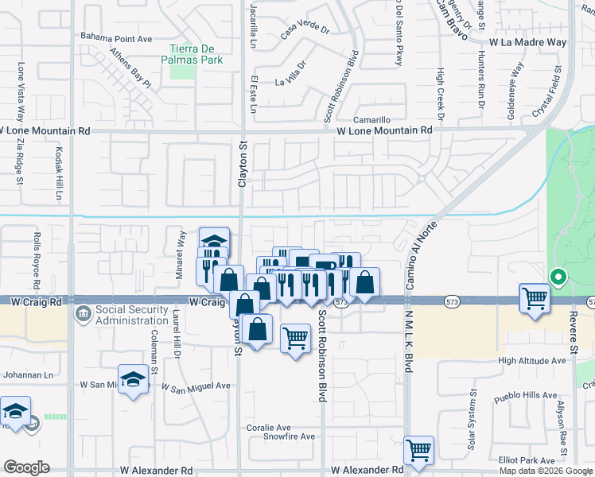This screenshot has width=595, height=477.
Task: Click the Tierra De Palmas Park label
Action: point(194,52)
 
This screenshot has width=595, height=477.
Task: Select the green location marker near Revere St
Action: point(558,278)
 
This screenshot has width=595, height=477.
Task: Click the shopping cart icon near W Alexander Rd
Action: point(418,450)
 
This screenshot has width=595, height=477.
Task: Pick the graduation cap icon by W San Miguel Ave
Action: point(134,379)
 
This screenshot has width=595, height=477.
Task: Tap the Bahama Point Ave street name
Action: point(116,37)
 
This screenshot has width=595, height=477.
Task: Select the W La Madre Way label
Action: point(527,42)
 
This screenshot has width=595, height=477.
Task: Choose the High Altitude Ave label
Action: point(531,360)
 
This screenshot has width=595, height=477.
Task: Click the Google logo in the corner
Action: point(25,467)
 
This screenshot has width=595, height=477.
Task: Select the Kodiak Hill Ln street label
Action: point(59,173)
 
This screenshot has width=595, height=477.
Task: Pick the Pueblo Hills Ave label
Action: point(525,395)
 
